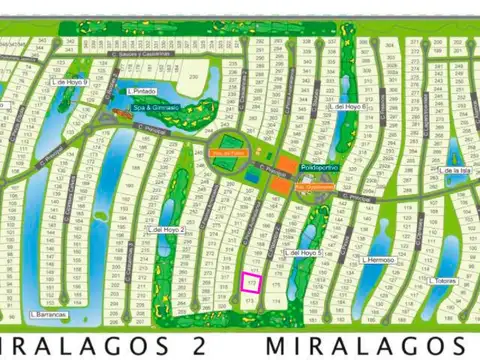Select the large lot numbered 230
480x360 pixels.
(196, 77)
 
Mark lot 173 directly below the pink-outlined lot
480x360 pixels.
(252, 298)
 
